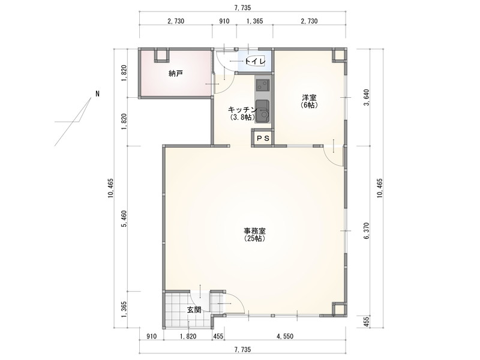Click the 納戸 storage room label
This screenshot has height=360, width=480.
[176, 73]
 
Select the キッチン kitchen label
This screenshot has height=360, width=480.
[242, 110]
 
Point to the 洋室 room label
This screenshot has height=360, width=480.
[309, 98]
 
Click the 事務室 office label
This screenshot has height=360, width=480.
[254, 231]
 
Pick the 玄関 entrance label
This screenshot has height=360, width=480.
[194, 310]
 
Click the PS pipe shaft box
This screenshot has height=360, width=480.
[263, 139]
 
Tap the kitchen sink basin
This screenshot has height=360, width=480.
[262, 111]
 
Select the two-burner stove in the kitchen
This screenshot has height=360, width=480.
[262, 85]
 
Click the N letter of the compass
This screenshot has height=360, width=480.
[97, 94]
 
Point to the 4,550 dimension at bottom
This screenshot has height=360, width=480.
[285, 337]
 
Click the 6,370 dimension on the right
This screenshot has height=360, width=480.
[367, 232]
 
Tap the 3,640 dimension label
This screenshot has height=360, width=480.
[367, 98]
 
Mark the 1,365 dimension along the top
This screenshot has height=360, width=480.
[254, 21]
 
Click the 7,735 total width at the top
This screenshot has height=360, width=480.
[242, 8]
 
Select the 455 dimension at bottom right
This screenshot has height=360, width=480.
[367, 322]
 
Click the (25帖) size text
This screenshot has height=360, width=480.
[254, 238]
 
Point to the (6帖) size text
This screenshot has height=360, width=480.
[309, 105]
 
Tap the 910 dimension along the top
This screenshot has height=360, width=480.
[224, 21]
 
